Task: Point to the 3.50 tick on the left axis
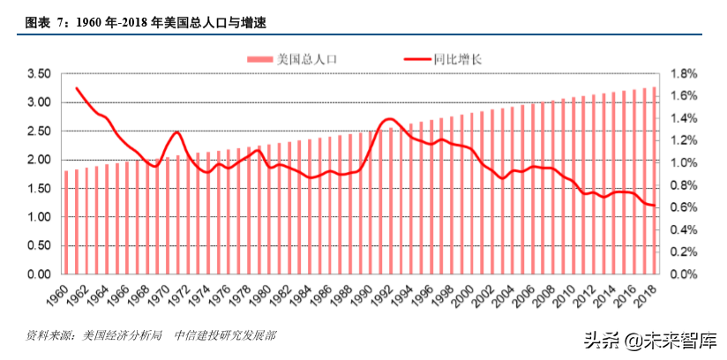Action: click(x=39, y=74)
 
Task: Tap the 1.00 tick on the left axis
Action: click(x=39, y=217)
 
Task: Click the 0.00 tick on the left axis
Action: click(x=39, y=274)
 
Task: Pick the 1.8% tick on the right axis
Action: click(x=686, y=74)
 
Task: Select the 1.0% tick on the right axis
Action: click(x=686, y=163)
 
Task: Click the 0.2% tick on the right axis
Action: click(x=686, y=252)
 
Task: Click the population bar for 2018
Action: click(x=654, y=181)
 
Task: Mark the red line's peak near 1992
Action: click(x=388, y=118)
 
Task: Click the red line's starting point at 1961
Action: click(x=77, y=88)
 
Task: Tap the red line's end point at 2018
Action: click(x=654, y=206)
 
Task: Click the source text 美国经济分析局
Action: click(x=123, y=335)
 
